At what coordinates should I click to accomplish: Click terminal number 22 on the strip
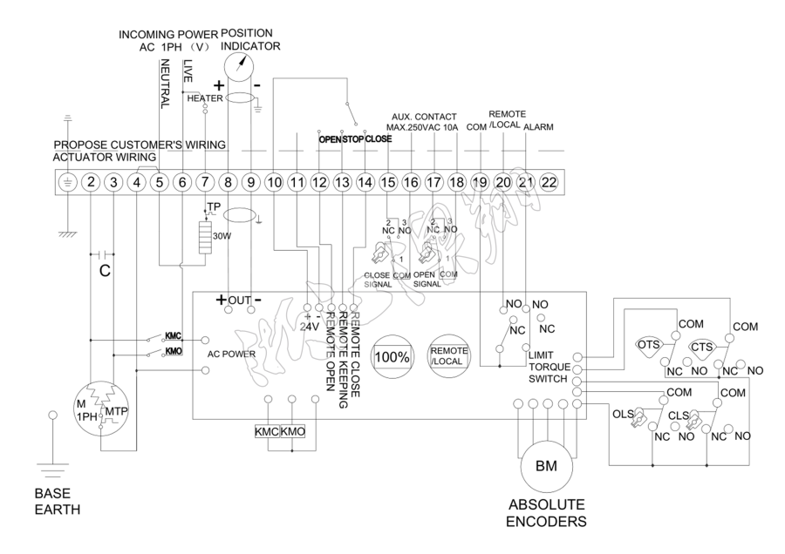tap(547, 182)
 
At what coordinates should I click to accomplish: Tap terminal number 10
tap(273, 182)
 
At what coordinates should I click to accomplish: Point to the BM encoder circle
tap(541, 466)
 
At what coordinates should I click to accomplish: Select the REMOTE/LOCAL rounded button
tap(448, 357)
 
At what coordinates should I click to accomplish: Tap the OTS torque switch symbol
tap(648, 345)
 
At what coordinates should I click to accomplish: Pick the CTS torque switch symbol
tap(701, 348)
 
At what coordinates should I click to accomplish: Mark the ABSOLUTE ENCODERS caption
tap(547, 513)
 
